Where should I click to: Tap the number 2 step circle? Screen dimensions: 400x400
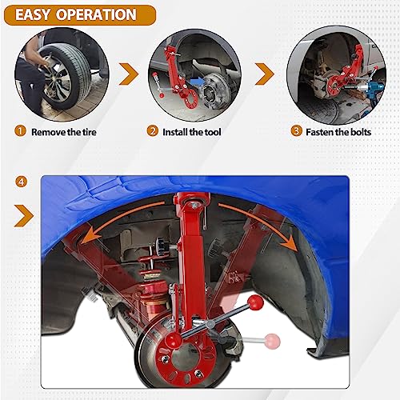152,130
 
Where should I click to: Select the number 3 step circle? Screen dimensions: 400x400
296,130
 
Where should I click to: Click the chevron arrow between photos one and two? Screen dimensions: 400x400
127,74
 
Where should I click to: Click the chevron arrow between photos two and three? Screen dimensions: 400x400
266,74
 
